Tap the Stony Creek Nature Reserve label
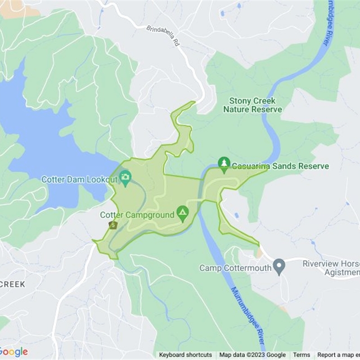[252, 105]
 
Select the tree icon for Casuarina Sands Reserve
[224, 163]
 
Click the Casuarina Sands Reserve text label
[280, 166]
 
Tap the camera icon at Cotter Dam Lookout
[125, 177]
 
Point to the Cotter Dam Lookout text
[80, 180]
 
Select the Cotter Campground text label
[137, 215]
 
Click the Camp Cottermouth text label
[235, 268]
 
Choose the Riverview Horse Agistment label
[331, 268]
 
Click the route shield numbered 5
[112, 225]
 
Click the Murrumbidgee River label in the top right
[328, 22]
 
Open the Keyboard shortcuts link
[185, 355]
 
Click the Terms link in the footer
[301, 355]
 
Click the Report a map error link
[338, 355]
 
